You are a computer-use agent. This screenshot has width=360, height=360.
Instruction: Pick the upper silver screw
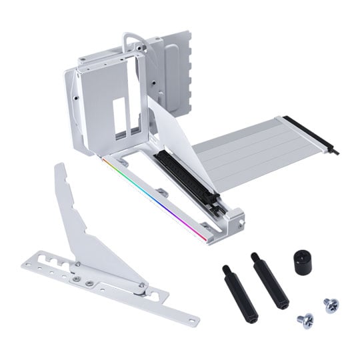[x=331, y=305]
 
